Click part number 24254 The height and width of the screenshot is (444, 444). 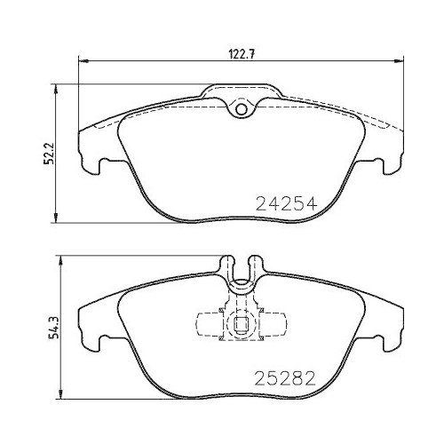(286, 202)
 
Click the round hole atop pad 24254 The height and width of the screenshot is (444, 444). (239, 109)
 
